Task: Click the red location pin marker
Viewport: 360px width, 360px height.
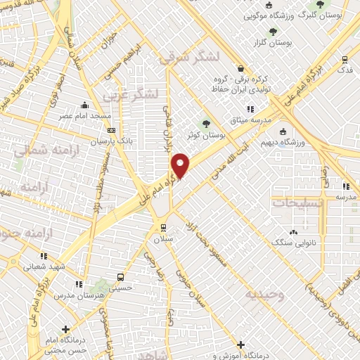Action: coord(181,165)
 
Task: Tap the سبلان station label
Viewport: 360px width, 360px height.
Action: coord(164,239)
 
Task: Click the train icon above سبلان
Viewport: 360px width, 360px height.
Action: coord(164,227)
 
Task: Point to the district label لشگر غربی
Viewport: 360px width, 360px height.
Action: coord(131,94)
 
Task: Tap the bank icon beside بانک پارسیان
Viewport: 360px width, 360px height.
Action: coord(112,130)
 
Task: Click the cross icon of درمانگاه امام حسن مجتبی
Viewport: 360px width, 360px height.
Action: coord(66,328)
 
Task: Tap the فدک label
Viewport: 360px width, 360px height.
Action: coord(345,70)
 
